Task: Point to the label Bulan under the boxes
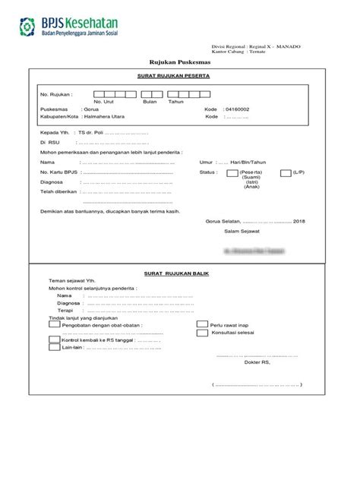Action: pyautogui.click(x=149, y=102)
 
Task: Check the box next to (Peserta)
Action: pyautogui.click(x=232, y=173)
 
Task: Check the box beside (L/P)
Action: pyautogui.click(x=285, y=173)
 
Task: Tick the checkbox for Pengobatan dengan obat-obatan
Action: pyautogui.click(x=54, y=323)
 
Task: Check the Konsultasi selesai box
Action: pyautogui.click(x=201, y=333)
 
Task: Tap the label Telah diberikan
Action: pyautogui.click(x=59, y=192)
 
